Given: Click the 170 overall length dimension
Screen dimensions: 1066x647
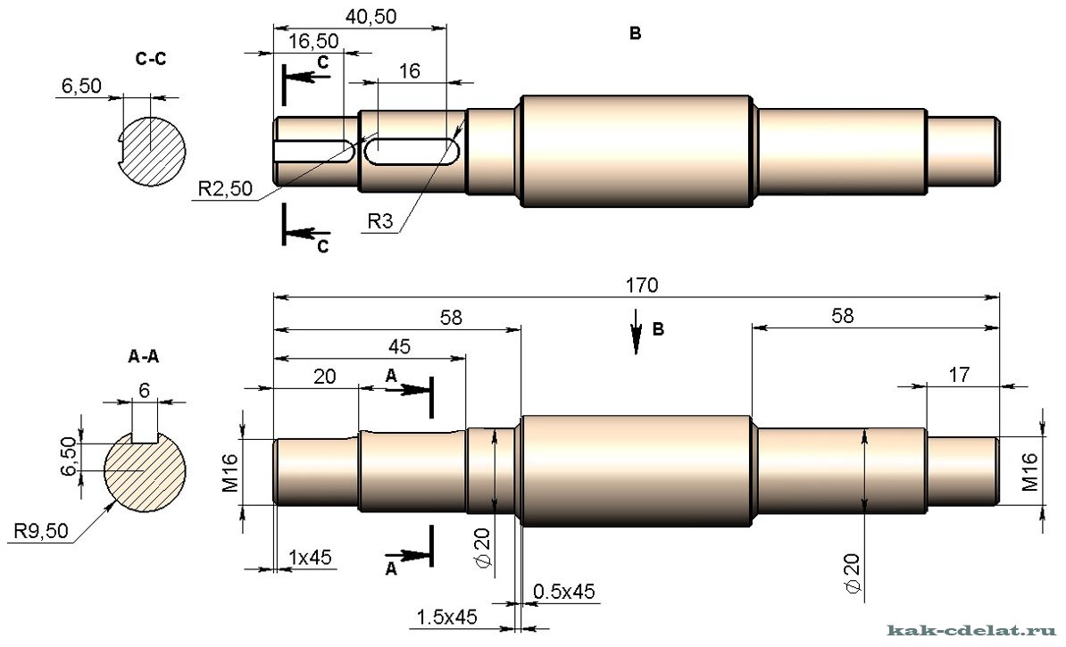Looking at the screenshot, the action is click(642, 286).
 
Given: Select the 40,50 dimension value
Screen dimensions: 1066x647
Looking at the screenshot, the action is click(371, 16).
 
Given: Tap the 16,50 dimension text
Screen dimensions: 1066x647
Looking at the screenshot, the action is click(313, 41).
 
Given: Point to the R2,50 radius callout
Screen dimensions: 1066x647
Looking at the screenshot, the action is click(225, 188).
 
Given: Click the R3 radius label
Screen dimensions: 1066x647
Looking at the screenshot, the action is click(380, 221).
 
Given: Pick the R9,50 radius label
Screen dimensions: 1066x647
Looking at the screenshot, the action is click(41, 530).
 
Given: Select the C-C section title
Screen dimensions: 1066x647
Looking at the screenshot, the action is click(150, 59).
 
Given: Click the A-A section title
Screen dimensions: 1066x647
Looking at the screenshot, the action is click(143, 355).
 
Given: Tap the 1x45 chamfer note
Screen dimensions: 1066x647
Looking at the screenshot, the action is click(310, 557).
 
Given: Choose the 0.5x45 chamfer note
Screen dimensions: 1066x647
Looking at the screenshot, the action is click(563, 592).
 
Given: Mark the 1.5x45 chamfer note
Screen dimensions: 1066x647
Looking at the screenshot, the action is click(446, 617).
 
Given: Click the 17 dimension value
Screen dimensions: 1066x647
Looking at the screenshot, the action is click(959, 375).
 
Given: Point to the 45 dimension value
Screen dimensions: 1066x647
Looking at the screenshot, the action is click(399, 346).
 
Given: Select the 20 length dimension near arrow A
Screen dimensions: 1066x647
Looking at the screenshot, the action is click(325, 377).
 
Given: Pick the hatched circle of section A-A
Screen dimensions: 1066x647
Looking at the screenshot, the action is click(144, 471).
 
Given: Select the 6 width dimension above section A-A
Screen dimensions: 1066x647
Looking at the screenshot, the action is click(144, 390).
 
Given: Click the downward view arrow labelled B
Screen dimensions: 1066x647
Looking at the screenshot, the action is click(637, 332).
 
